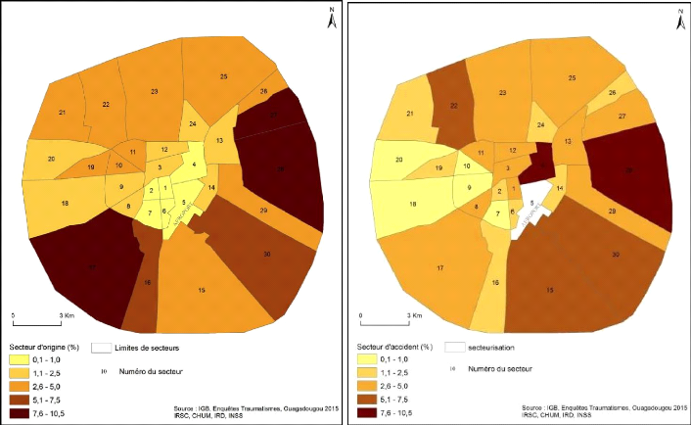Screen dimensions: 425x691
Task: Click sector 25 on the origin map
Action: [x=223, y=76]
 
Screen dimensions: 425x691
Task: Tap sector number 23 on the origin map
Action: [x=155, y=92]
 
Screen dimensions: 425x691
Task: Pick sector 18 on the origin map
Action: [x=65, y=203]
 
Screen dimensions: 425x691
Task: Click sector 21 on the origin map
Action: [x=63, y=114]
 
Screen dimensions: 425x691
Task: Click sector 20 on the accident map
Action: [x=399, y=160]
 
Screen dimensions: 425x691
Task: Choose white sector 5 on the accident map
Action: [x=532, y=204]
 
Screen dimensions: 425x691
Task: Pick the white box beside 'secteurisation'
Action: [x=452, y=347]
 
